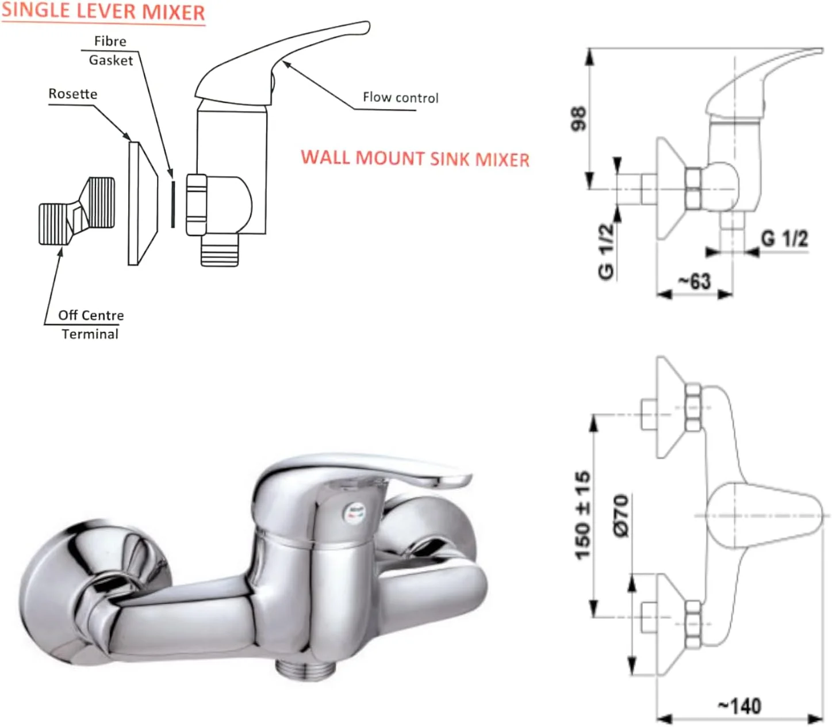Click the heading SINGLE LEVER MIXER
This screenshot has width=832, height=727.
tap(103, 12)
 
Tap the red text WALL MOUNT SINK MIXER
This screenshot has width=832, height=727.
tap(415, 158)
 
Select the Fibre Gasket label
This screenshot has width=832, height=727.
tap(110, 51)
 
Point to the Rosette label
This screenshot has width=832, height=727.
tap(72, 94)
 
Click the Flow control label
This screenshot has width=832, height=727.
tap(400, 98)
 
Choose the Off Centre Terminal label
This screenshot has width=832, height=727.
tap(90, 324)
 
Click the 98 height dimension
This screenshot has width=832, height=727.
tap(578, 118)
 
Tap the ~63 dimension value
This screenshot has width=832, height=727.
tap(694, 281)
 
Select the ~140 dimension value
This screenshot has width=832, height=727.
tap(739, 706)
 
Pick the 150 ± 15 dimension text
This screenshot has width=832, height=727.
tap(582, 515)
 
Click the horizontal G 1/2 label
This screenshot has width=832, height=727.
tap(784, 238)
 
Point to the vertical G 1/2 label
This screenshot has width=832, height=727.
tap(606, 251)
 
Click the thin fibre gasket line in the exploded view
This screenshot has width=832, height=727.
tap(172, 204)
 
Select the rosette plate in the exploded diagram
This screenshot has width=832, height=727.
tap(141, 203)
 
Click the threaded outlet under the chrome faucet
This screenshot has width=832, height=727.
tap(305, 668)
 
